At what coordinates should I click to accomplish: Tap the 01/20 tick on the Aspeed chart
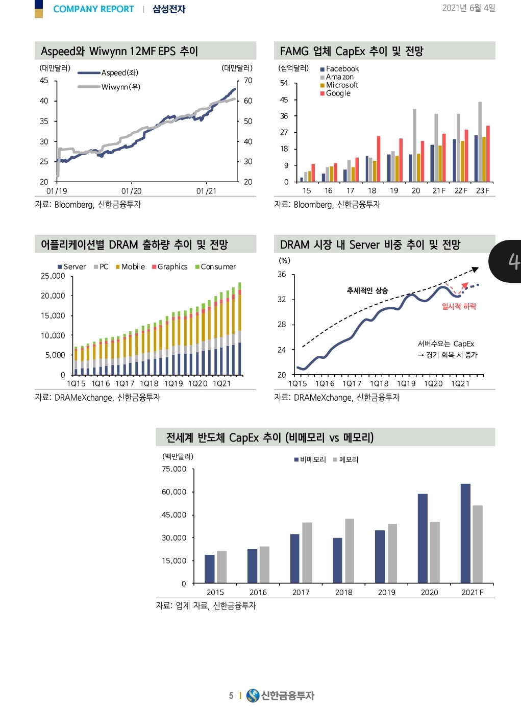pos(131,191)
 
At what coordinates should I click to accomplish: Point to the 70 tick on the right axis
pos(248,80)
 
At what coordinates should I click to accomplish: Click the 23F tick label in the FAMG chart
pos(482,190)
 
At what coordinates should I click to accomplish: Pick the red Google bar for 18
pos(379,158)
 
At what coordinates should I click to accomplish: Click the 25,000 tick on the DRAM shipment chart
pos(53,276)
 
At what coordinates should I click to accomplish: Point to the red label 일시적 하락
pos(459,306)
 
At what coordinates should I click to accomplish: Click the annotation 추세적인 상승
pos(367,290)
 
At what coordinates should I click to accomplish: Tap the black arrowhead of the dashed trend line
pos(476,269)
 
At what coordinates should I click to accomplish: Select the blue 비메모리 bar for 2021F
pos(465,533)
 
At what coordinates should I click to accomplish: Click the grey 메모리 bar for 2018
pos(350,551)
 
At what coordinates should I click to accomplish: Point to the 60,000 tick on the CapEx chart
pos(174,492)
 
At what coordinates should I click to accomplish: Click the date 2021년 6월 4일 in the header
pos(468,8)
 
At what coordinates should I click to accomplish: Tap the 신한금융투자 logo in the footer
pos(280,695)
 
